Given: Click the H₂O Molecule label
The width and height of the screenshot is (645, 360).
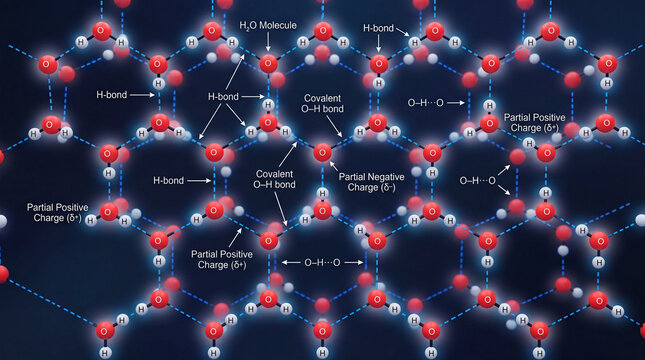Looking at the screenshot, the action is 269,23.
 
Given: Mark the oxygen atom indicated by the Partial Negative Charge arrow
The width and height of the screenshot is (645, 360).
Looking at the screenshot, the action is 322,153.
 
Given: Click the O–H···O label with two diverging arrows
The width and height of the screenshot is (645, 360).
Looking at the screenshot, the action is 477,180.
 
